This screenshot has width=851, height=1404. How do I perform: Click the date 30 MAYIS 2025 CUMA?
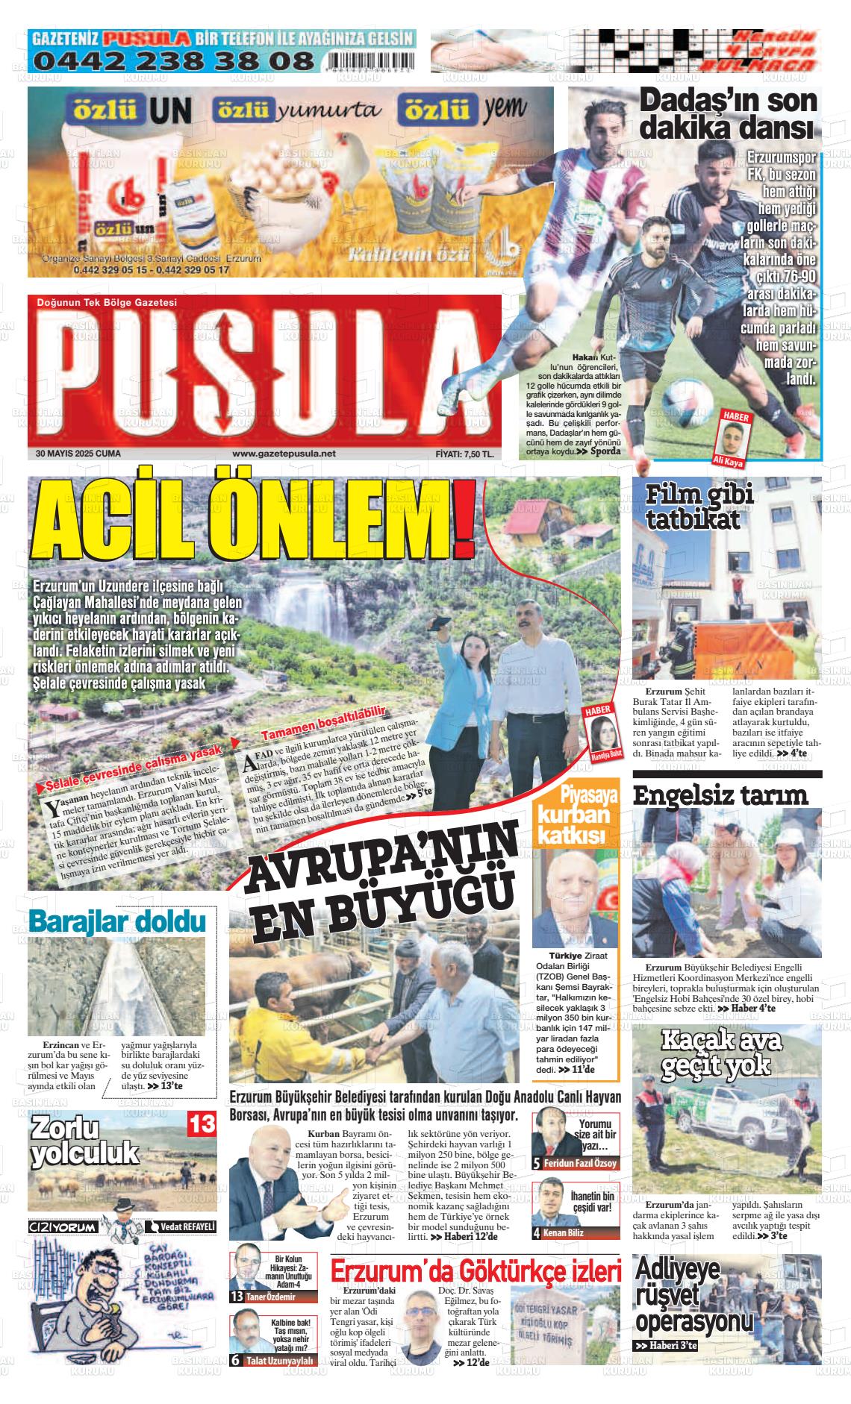(78, 454)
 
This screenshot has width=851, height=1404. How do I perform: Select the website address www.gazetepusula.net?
(284, 454)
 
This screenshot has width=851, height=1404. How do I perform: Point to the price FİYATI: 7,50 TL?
(464, 454)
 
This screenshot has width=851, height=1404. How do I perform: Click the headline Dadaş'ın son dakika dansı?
(729, 114)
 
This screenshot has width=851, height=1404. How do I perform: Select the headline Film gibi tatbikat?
(691, 507)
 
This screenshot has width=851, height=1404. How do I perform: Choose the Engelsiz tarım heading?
(720, 795)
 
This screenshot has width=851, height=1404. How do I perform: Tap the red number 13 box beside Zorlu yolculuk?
(202, 1124)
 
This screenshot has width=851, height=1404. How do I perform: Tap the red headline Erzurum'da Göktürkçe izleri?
(476, 1271)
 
